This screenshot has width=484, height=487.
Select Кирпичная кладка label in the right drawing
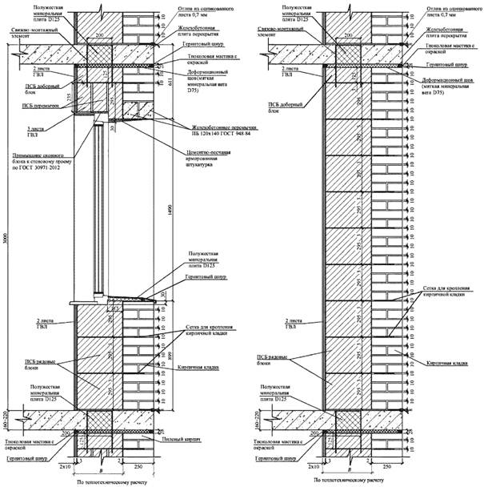coord(448,364)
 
